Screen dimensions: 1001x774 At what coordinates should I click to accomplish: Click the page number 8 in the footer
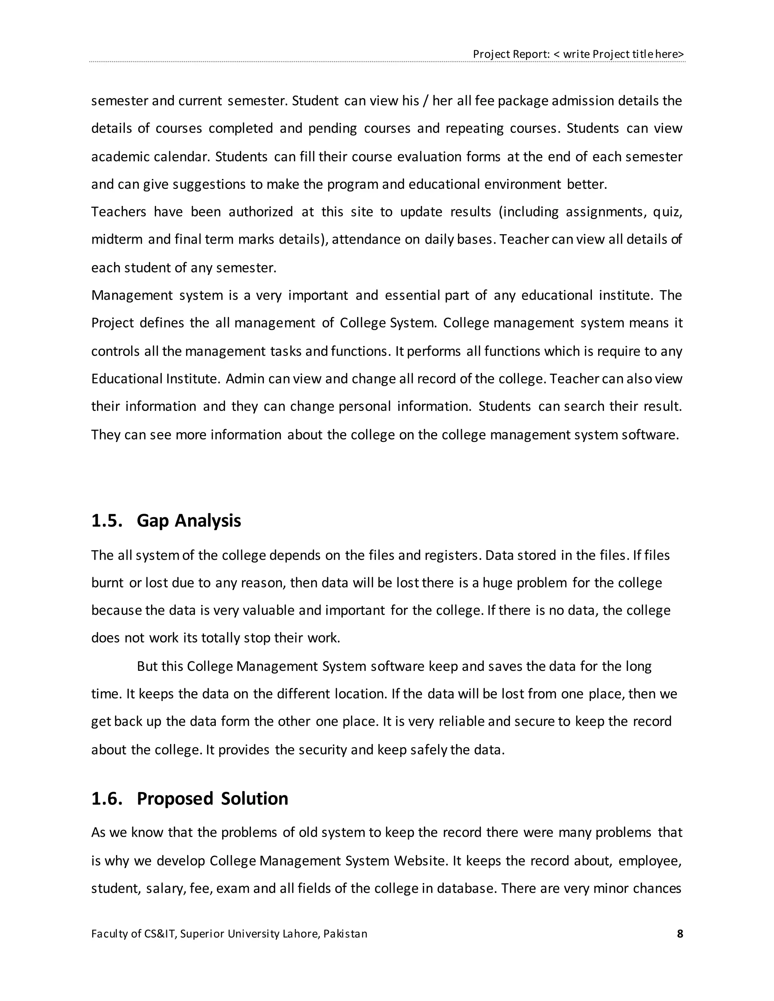pos(680,934)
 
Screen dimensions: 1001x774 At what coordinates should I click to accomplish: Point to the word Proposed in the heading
pos(175,799)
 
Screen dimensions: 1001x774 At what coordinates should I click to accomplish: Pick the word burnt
pos(107,582)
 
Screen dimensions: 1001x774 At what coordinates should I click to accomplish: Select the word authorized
pos(260,212)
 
